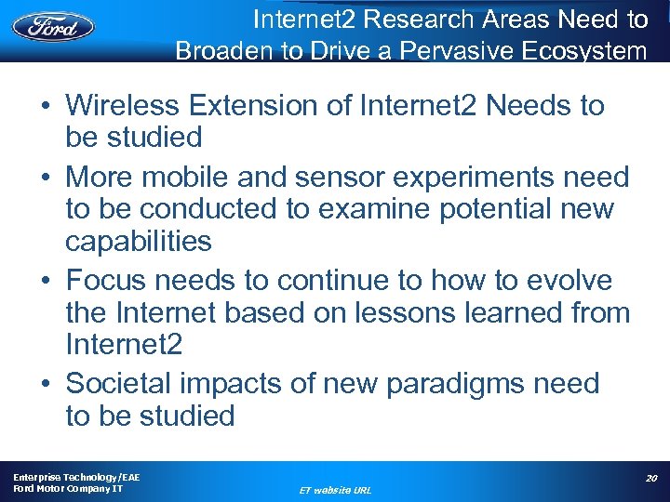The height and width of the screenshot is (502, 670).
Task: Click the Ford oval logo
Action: point(54,25)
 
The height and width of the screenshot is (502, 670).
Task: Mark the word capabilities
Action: point(138,242)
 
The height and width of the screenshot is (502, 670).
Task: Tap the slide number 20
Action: point(651,478)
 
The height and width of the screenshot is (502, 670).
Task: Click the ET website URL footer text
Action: point(334,490)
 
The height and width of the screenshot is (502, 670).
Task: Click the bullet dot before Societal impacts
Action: point(46,384)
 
